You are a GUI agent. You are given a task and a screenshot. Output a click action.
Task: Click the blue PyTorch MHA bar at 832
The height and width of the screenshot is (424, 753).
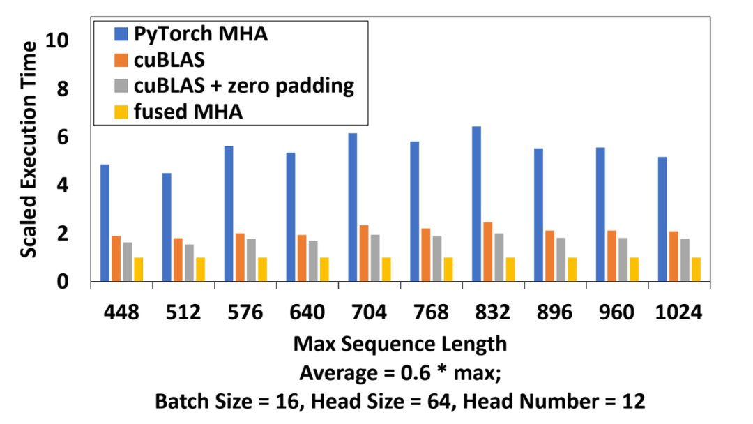476,204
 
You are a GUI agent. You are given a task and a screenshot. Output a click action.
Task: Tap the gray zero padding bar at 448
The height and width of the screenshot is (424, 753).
127,262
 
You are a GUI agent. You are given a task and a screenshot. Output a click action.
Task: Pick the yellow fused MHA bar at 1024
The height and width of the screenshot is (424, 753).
696,269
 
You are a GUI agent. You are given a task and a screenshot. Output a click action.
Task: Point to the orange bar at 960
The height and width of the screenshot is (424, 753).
611,256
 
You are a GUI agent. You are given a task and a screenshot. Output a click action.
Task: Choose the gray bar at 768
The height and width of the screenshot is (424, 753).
436,259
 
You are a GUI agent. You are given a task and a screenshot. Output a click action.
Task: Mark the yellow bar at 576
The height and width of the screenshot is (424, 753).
262,269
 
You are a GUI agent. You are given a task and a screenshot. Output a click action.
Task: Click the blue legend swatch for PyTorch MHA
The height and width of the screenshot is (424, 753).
121,33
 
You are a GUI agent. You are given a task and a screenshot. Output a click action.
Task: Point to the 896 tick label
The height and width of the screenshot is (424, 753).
554,313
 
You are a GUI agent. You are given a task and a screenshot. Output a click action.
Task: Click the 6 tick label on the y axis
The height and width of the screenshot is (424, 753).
64,137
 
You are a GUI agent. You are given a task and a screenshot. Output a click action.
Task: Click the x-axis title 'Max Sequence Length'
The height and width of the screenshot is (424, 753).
400,344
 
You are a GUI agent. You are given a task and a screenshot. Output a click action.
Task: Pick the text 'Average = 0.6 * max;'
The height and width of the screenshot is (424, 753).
400,373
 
